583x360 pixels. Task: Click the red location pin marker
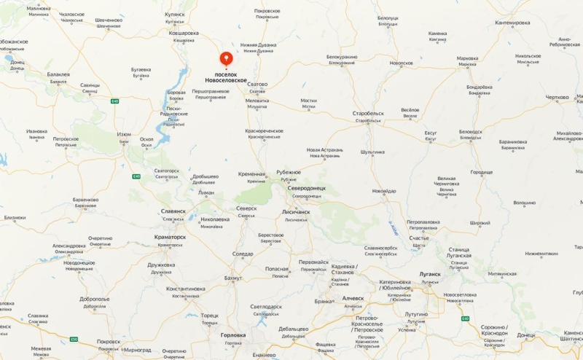[x=226, y=59]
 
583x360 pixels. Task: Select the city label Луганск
[x=431, y=274]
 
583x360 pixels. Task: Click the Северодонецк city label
[x=307, y=188]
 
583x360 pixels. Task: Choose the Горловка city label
[x=238, y=335]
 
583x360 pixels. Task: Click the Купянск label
[x=175, y=14]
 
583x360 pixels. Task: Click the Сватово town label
[x=257, y=84]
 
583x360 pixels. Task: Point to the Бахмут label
[x=233, y=278]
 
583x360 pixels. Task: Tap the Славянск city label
[x=173, y=211]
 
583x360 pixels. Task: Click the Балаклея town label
[x=58, y=74]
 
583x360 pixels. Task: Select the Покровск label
[x=109, y=341]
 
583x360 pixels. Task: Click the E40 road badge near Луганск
[x=465, y=318]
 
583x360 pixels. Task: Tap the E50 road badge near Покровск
[x=74, y=339]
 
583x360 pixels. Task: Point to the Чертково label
[x=557, y=97]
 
